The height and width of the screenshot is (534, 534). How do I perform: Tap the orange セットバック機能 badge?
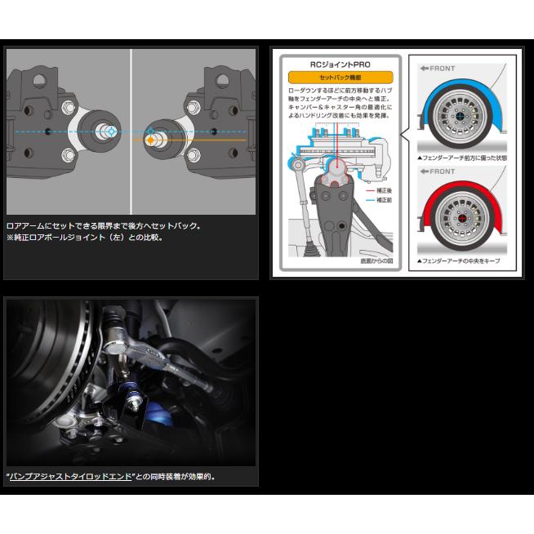click(340, 78)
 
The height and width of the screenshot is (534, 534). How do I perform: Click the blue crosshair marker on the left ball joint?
click(110, 131)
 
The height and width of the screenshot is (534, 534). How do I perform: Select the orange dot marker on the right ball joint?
click(150, 140)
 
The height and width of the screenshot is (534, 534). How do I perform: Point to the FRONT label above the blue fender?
click(438, 69)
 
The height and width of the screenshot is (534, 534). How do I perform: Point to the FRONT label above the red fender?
click(438, 171)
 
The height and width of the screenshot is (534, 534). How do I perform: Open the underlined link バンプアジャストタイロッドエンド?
click(70, 476)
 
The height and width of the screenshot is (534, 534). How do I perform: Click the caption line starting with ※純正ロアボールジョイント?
click(84, 238)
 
